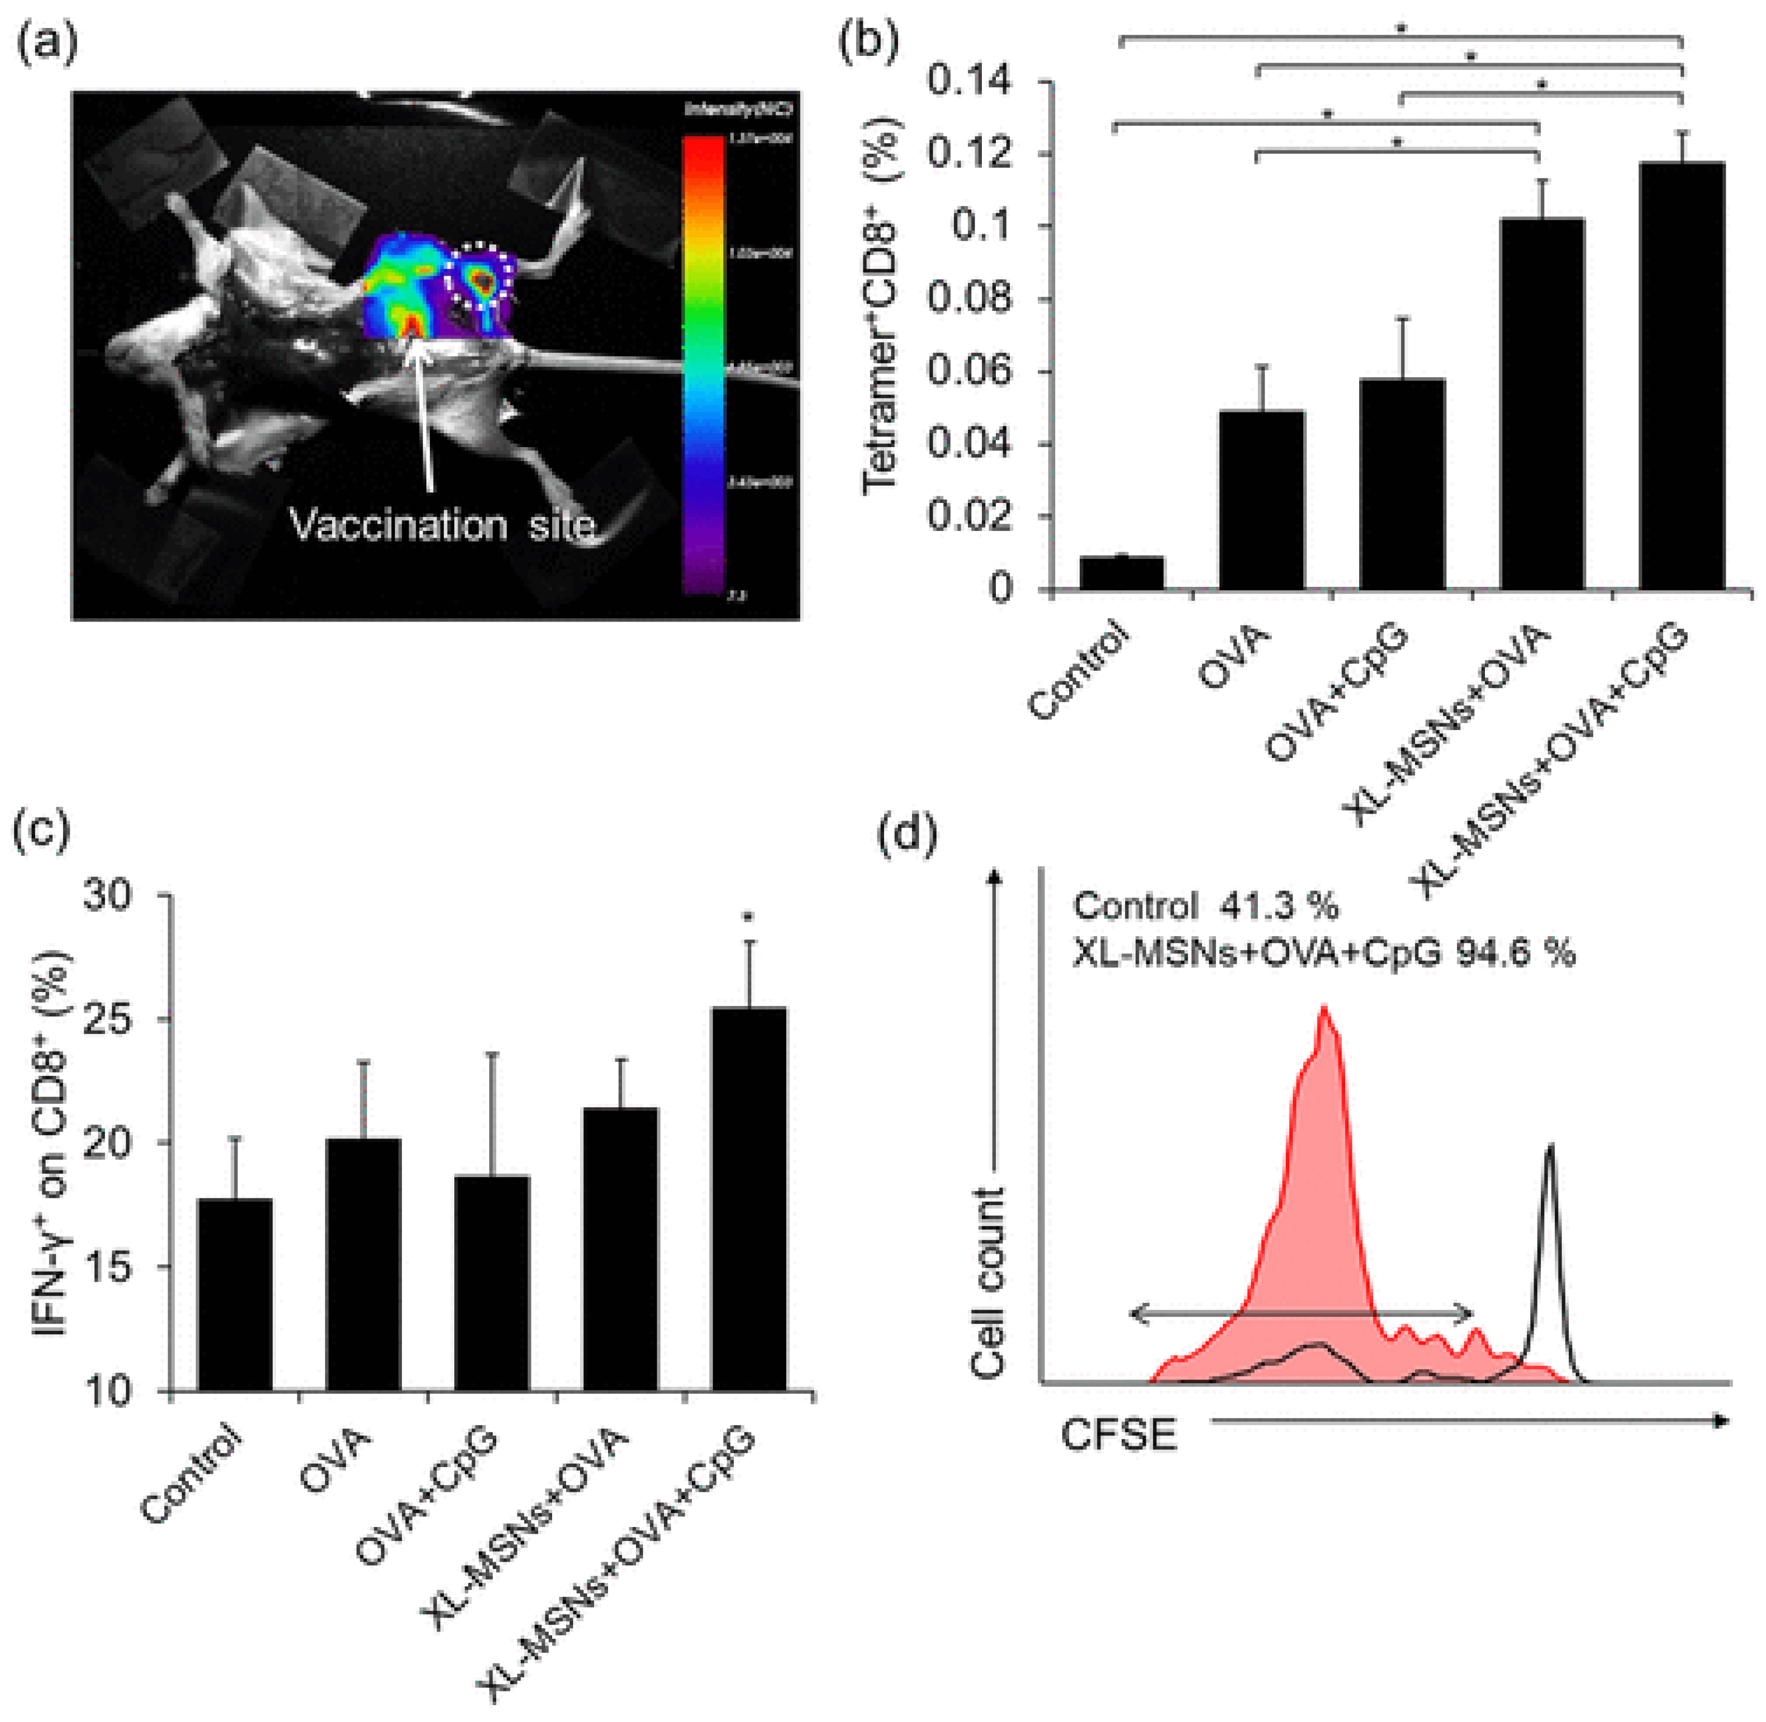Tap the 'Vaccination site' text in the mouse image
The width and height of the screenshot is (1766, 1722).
tap(441, 525)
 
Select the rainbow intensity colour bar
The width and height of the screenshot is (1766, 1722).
tap(704, 362)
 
